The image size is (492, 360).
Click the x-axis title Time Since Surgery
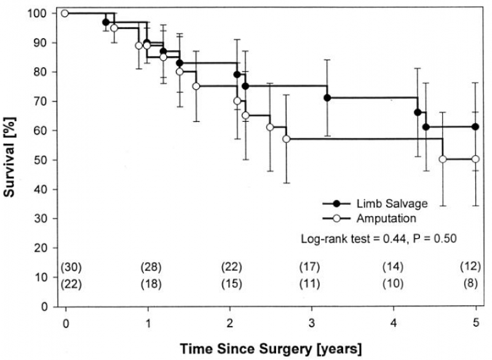[x=271, y=347]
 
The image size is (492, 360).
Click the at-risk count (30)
[x=71, y=267]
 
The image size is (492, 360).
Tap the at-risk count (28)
[x=151, y=267]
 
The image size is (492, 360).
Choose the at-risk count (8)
[x=471, y=284]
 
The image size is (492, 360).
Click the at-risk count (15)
[x=232, y=284]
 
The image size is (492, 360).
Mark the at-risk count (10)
[x=393, y=284]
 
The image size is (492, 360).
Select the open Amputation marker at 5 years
[x=475, y=159]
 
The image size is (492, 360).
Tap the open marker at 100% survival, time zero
[x=65, y=13]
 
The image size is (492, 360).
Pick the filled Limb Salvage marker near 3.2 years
[x=327, y=98]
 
